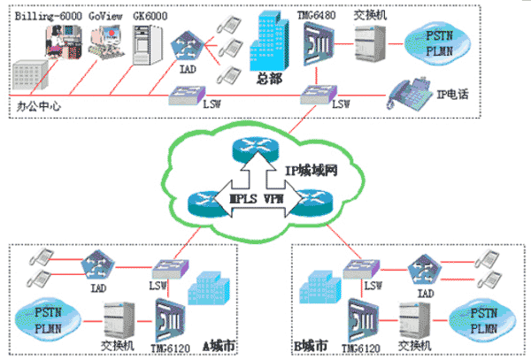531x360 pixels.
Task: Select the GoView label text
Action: point(104,15)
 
